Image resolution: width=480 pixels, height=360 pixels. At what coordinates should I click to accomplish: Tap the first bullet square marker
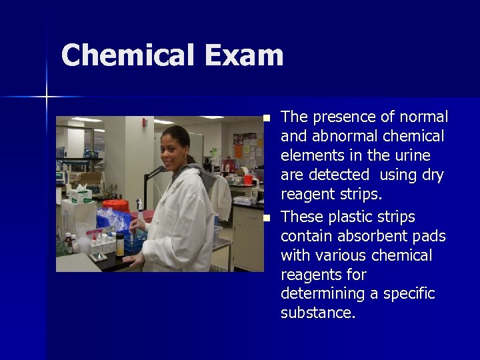[x=267, y=118]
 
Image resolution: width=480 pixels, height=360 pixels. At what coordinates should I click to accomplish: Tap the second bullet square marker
[x=267, y=218]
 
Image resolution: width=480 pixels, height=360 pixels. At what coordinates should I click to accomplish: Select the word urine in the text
[x=413, y=156]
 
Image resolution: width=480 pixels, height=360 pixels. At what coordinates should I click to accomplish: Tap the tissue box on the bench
[x=80, y=195]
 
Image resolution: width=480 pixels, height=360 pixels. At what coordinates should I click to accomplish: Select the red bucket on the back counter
[x=248, y=178]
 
